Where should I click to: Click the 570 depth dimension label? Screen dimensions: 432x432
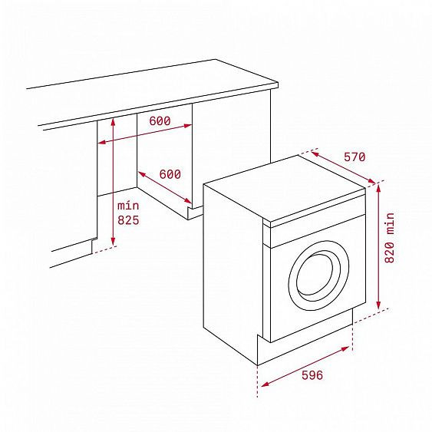(x=355, y=157)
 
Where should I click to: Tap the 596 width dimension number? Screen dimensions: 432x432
(x=312, y=375)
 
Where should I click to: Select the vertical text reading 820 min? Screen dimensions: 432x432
(x=390, y=238)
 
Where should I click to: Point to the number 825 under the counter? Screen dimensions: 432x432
(x=128, y=220)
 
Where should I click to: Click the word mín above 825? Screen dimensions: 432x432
(x=128, y=206)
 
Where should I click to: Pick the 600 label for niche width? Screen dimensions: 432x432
(x=160, y=120)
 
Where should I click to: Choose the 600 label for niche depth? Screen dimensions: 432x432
(x=170, y=174)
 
